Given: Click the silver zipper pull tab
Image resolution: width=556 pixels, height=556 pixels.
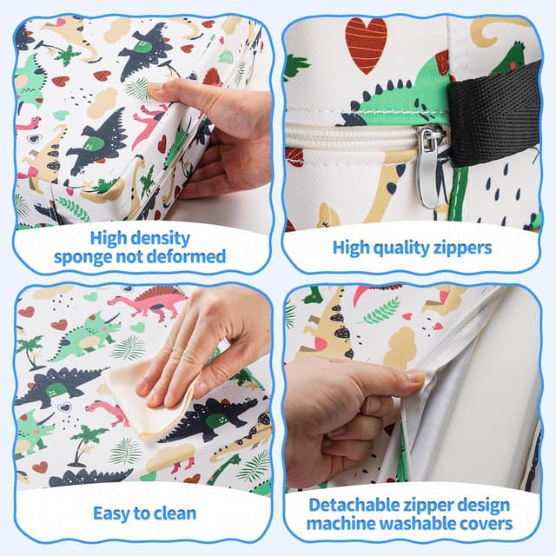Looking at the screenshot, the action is pyautogui.click(x=429, y=167).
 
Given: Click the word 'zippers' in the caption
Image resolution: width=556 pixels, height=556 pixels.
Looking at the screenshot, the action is pyautogui.click(x=463, y=248).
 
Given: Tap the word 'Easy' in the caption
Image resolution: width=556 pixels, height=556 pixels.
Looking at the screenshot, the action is pyautogui.click(x=110, y=513).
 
